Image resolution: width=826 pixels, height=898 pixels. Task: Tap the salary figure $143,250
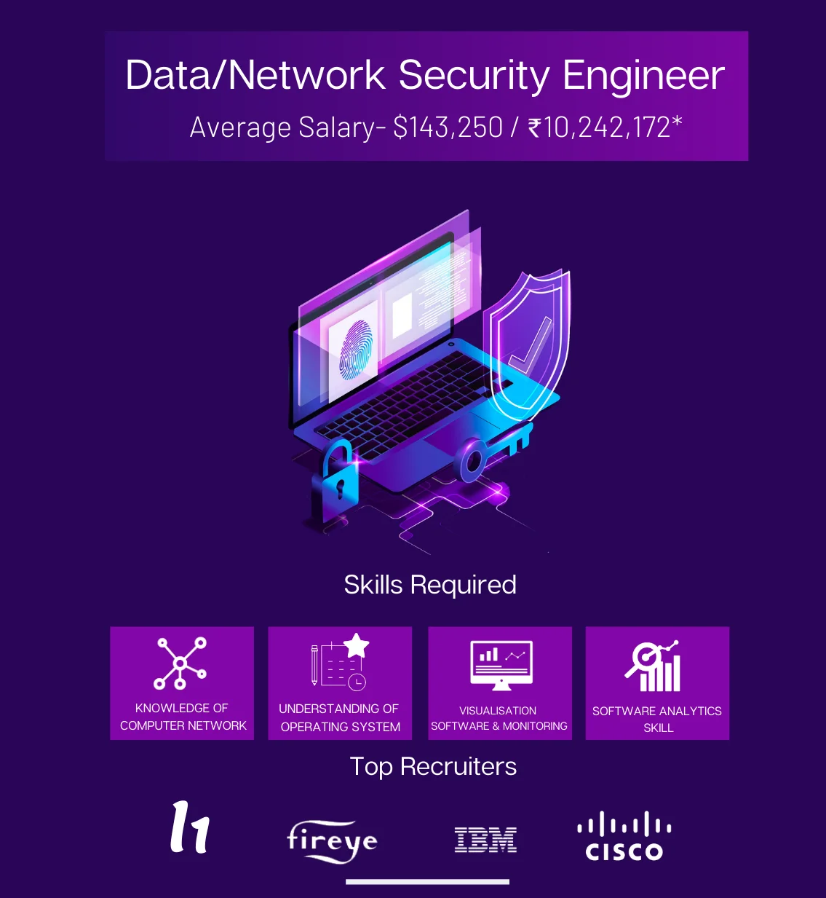click(448, 127)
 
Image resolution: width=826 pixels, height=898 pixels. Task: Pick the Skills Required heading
click(430, 585)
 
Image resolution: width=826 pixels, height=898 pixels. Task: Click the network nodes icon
click(180, 663)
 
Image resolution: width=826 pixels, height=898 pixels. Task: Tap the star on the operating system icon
click(357, 645)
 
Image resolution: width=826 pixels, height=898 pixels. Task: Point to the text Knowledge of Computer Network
click(183, 717)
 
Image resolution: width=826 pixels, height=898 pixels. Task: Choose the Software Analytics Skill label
click(657, 719)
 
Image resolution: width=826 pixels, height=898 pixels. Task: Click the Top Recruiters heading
click(433, 766)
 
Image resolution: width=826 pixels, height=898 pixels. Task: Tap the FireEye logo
click(332, 842)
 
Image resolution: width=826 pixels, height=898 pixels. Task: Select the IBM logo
click(485, 840)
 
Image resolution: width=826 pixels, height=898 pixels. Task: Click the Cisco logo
click(624, 838)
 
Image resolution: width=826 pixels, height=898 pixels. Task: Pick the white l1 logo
click(190, 827)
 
